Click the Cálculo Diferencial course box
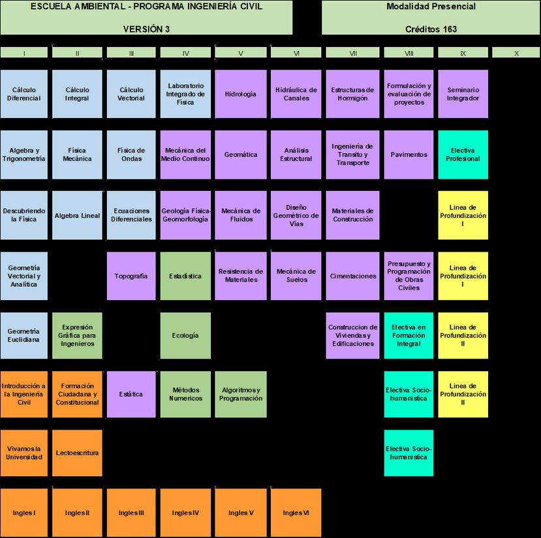coord(24,94)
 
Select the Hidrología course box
coord(240,94)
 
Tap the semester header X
coord(516,53)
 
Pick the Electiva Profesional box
coord(463,155)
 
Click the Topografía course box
coord(131,276)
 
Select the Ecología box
coord(185,336)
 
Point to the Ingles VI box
coord(296,513)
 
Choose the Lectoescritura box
coord(78,453)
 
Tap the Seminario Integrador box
coord(463,94)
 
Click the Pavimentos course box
coord(409,155)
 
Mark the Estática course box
coord(131,395)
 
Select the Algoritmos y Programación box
coord(240,395)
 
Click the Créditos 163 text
coord(431,29)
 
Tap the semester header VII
coord(353,53)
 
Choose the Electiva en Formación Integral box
coord(409,336)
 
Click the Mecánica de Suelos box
coord(296,276)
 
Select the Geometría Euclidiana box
coord(24,336)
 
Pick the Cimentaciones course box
coord(353,276)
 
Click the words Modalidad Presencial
coord(431,7)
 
